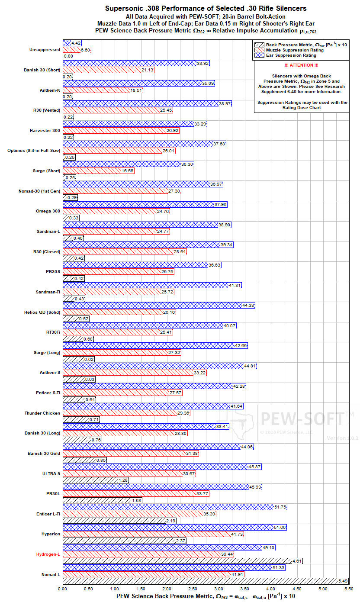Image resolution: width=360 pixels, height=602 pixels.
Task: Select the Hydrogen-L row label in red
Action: [48, 554]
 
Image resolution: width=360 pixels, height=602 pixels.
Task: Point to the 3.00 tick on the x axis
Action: [219, 589]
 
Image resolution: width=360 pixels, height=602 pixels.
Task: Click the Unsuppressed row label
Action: [45, 50]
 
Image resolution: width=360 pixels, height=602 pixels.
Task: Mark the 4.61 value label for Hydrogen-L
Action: [296, 561]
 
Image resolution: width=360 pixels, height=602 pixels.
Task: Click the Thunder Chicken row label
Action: [42, 413]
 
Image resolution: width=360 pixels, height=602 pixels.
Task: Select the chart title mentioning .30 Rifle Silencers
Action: [206, 8]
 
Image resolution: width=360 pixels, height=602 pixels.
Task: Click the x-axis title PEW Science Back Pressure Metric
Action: [206, 596]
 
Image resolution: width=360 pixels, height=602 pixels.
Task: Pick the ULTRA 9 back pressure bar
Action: [96, 480]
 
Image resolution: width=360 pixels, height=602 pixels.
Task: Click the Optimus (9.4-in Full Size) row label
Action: [34, 151]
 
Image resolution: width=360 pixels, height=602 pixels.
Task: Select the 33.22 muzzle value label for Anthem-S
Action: [199, 373]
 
